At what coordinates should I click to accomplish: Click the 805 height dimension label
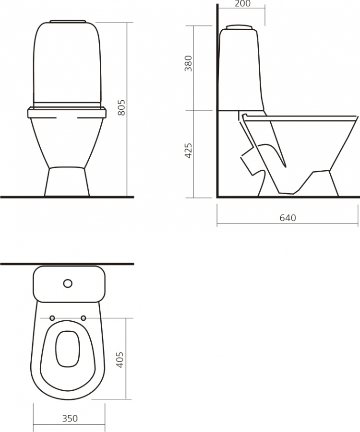pyautogui.click(x=121, y=108)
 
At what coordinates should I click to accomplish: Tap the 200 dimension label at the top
pyautogui.click(x=242, y=3)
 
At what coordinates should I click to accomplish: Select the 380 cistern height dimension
pyautogui.click(x=188, y=63)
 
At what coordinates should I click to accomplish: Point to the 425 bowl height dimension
pyautogui.click(x=188, y=151)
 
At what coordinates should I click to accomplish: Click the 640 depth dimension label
pyautogui.click(x=288, y=218)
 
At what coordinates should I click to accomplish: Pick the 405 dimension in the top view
pyautogui.click(x=120, y=360)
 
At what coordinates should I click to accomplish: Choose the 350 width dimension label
pyautogui.click(x=70, y=419)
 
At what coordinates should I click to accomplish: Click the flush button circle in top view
pyautogui.click(x=68, y=283)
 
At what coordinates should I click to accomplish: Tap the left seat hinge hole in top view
pyautogui.click(x=52, y=318)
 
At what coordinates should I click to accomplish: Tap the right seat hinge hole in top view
pyautogui.click(x=84, y=318)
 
